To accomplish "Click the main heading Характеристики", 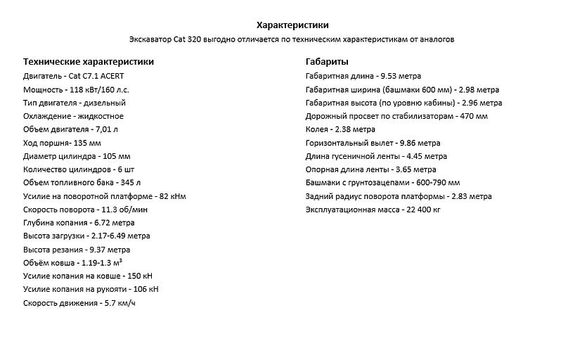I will pyautogui.click(x=288, y=25).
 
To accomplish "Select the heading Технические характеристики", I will pyautogui.click(x=89, y=62).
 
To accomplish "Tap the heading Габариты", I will pyautogui.click(x=328, y=62).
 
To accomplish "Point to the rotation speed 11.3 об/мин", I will pyautogui.click(x=125, y=210).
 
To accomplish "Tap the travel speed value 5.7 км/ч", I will pyautogui.click(x=120, y=303).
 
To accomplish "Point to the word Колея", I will pyautogui.click(x=317, y=129).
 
